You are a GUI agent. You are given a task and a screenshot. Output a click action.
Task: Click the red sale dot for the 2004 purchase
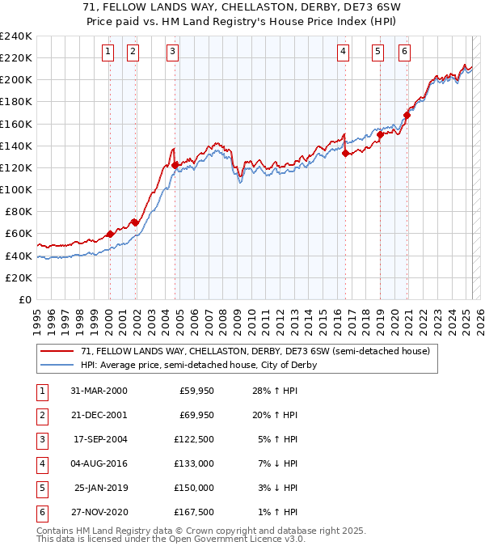pos(175,165)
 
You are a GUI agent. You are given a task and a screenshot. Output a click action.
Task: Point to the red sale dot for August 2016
pos(345,153)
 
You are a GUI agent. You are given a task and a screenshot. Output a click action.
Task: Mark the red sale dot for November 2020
pos(407,115)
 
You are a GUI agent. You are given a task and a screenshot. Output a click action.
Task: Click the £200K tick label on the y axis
pos(15,80)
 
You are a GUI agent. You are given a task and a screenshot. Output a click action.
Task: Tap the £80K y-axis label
pos(18,211)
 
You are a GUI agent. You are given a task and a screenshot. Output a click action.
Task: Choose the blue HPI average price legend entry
pos(198,365)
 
